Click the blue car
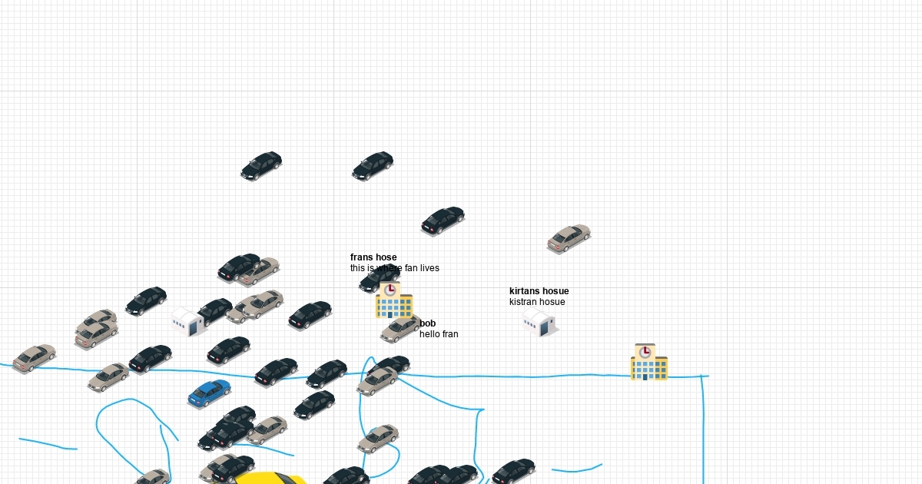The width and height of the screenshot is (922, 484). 209,393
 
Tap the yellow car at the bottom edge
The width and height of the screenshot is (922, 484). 269,478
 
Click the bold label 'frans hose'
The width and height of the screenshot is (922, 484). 373,257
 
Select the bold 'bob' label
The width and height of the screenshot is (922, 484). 427,323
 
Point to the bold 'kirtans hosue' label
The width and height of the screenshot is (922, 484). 539,291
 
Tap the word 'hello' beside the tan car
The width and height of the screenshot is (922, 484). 429,334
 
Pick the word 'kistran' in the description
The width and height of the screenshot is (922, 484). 523,302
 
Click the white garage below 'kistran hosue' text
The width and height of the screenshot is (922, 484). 540,323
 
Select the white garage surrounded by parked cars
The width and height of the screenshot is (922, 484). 187,321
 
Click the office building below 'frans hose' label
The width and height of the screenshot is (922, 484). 394,302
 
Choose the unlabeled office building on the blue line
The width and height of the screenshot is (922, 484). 648,363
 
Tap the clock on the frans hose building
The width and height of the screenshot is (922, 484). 390,290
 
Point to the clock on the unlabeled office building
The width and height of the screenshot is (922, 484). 645,352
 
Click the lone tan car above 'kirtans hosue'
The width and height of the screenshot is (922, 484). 569,238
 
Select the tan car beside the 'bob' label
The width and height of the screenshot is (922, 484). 400,330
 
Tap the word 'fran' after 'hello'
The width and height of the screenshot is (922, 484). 449,334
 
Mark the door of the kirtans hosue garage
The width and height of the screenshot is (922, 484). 546,329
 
